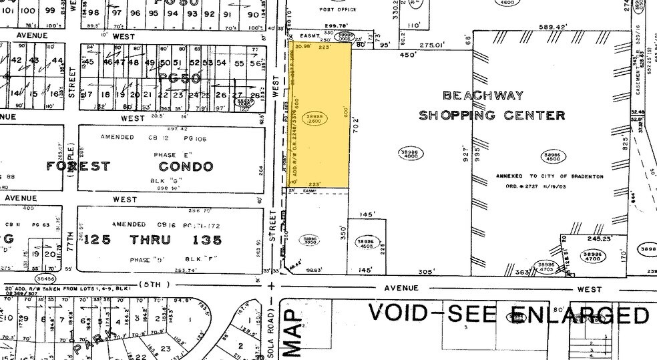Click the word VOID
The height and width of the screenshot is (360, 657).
pos(400,313)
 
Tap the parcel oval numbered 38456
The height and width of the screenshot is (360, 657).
pos(46,278)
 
